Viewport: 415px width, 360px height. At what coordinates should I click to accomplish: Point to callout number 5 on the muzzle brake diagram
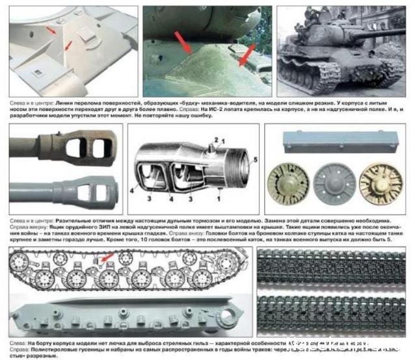(255, 158)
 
